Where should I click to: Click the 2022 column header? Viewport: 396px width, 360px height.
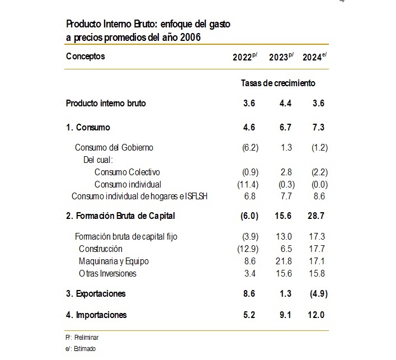pyautogui.click(x=245, y=57)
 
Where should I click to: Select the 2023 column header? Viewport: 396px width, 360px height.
pyautogui.click(x=281, y=57)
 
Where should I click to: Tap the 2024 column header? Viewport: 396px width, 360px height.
pyautogui.click(x=314, y=57)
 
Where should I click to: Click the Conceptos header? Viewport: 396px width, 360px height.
pyautogui.click(x=86, y=56)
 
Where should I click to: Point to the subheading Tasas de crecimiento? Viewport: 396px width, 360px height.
pyautogui.click(x=278, y=83)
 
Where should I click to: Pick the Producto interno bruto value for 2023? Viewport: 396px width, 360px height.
pyautogui.click(x=285, y=103)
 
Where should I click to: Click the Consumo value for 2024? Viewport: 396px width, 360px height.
pyautogui.click(x=318, y=127)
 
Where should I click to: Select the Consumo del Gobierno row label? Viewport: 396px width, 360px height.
pyautogui.click(x=114, y=147)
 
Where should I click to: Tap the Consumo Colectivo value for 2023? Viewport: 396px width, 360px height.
pyautogui.click(x=286, y=172)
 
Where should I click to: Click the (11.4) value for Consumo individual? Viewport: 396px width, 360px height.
pyautogui.click(x=248, y=185)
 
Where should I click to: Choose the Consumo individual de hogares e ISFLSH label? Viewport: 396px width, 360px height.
pyautogui.click(x=139, y=196)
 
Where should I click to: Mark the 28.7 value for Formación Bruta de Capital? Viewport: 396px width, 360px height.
pyautogui.click(x=316, y=216)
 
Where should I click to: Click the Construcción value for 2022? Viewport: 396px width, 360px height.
pyautogui.click(x=248, y=249)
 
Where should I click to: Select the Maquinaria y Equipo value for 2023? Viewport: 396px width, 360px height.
pyautogui.click(x=284, y=261)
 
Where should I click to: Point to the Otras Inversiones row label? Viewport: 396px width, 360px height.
pyautogui.click(x=107, y=274)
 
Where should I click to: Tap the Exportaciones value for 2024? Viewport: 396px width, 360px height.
pyautogui.click(x=319, y=294)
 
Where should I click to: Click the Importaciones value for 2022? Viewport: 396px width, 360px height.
pyautogui.click(x=249, y=315)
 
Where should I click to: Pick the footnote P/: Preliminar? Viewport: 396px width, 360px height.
pyautogui.click(x=82, y=338)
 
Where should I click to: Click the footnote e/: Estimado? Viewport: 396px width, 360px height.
pyautogui.click(x=81, y=349)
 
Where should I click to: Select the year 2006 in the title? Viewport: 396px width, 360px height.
pyautogui.click(x=190, y=38)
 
